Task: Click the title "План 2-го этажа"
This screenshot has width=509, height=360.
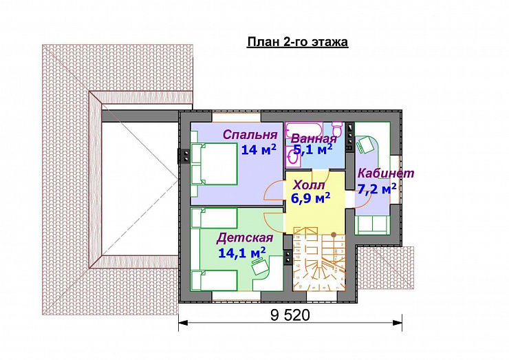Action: coord(297,42)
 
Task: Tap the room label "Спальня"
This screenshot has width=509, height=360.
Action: coord(250,134)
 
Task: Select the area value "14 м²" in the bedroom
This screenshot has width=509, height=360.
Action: coord(259,149)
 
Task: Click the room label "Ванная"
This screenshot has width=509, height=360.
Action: coord(314,139)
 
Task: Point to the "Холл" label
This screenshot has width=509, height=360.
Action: coord(309,185)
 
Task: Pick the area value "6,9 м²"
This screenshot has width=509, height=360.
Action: coord(310,198)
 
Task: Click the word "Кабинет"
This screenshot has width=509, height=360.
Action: coord(386,173)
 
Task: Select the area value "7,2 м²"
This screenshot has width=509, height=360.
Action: coord(377,189)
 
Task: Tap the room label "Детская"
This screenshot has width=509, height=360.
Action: coord(245,238)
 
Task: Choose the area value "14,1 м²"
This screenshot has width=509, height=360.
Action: coord(242,253)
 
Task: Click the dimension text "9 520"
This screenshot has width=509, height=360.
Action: coord(290,315)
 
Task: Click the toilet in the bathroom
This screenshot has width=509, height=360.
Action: coord(337,128)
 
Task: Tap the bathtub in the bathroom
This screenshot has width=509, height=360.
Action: coord(303,130)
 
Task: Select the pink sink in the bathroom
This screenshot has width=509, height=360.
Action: coord(293,157)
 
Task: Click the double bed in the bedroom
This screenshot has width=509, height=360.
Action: coord(214,164)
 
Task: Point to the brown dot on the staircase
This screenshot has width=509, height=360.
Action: coord(334,234)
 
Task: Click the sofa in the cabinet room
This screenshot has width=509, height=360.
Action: coord(372,224)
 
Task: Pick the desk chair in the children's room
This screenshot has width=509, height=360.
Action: coord(260,265)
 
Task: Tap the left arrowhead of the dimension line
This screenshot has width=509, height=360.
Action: coord(183,323)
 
